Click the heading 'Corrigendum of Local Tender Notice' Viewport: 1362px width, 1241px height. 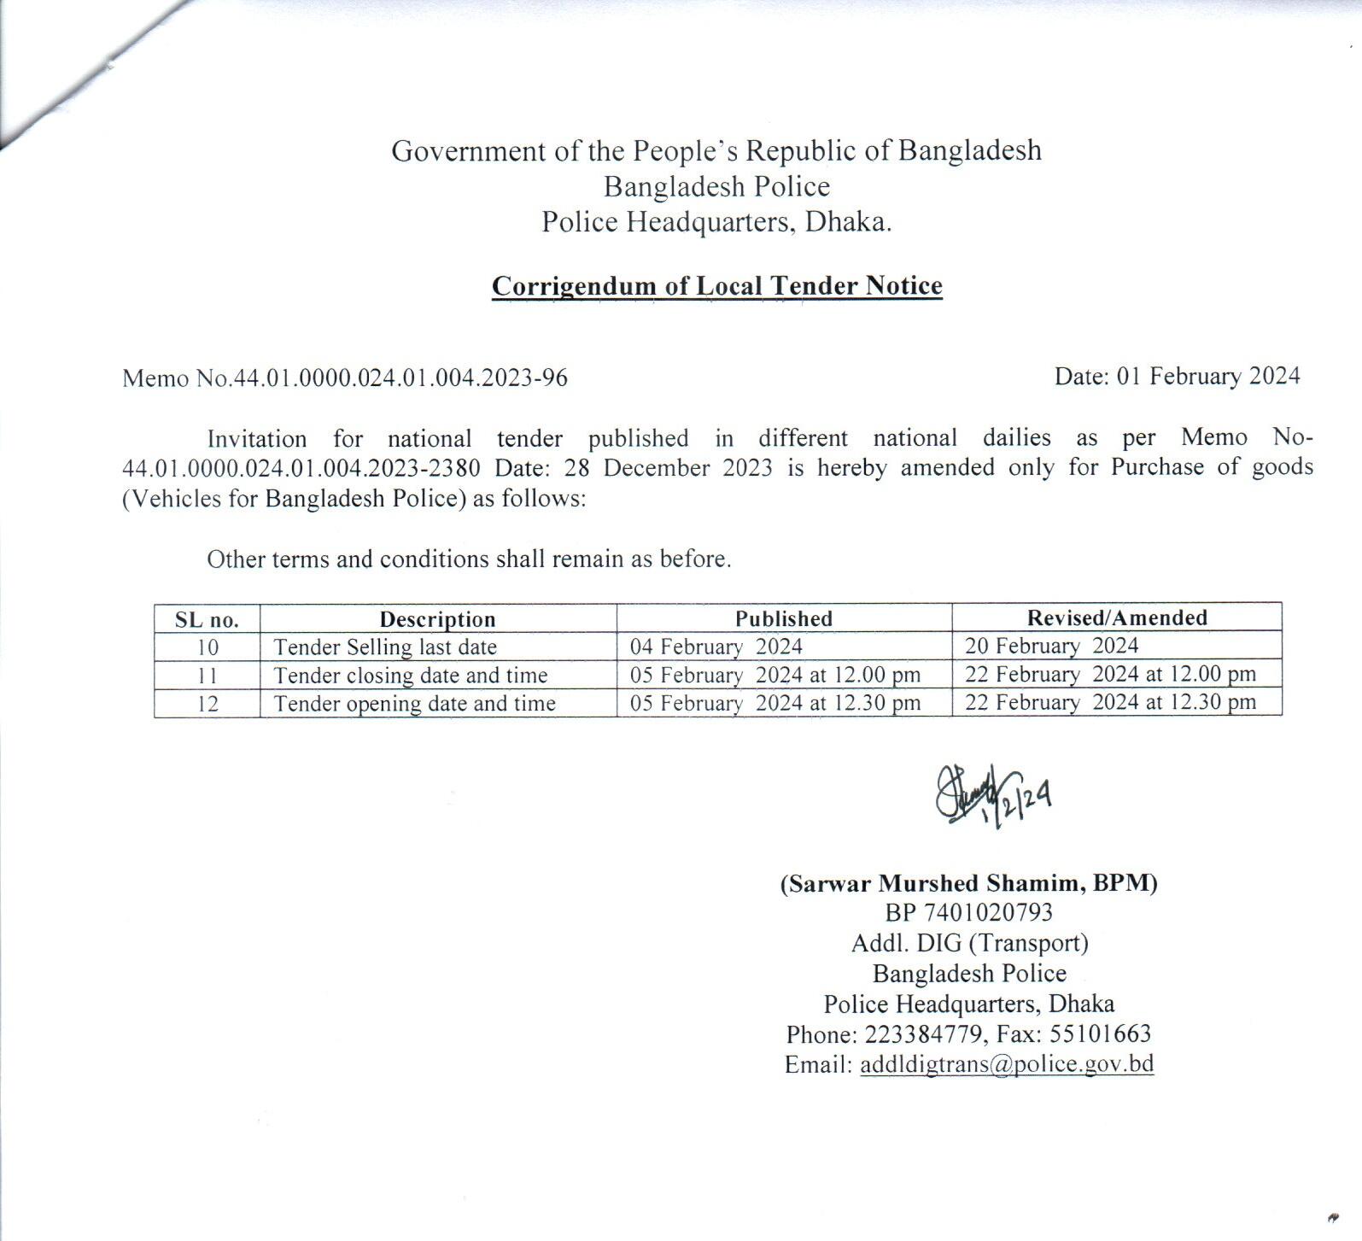716,285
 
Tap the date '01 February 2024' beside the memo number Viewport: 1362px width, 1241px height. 1207,376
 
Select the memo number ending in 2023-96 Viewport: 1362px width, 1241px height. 344,378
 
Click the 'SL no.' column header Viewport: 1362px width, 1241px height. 207,619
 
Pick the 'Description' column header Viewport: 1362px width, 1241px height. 437,619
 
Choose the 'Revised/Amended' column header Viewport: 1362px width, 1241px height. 1116,618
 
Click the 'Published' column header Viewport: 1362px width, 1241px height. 783,618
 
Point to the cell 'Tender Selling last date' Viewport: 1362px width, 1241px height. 385,647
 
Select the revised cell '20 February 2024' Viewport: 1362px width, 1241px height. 1051,646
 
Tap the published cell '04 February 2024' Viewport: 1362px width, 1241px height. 716,647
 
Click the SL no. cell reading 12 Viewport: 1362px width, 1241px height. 208,704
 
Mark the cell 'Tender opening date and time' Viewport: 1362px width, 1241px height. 414,704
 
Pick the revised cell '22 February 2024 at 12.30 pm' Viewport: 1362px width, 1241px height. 1110,702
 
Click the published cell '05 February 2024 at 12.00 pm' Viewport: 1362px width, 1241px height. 775,675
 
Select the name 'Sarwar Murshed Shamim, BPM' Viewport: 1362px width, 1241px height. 968,883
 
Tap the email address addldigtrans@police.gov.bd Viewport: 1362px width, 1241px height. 1007,1064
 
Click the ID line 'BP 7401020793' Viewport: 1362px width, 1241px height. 968,913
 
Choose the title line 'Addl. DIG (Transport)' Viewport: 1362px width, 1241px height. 969,943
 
